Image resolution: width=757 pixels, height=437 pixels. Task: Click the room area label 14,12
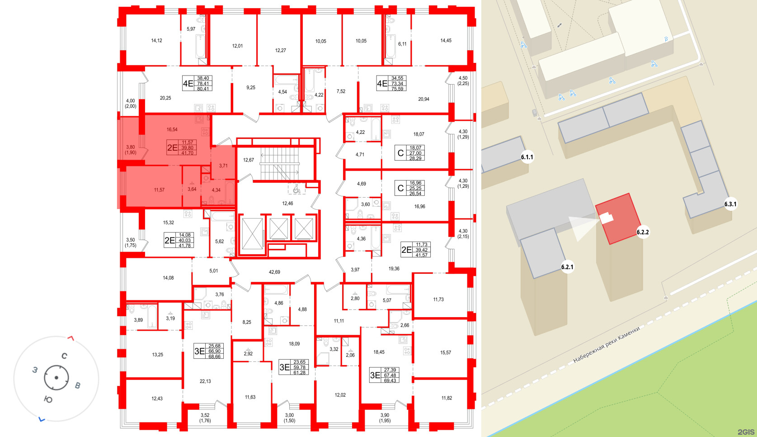[156, 41]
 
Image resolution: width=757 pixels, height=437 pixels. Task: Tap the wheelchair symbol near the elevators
[296, 189]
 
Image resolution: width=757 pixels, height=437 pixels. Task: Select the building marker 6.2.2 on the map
[643, 232]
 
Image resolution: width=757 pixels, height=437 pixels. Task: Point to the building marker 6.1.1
[527, 157]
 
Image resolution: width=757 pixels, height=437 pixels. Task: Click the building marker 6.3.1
[730, 204]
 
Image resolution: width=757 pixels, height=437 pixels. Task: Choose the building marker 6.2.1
[567, 267]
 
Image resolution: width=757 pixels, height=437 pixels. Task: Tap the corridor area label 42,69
[274, 272]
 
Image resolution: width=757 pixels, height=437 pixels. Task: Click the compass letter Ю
[48, 399]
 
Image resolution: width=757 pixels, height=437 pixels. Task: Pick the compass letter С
[65, 356]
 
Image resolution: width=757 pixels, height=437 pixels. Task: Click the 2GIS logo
[746, 432]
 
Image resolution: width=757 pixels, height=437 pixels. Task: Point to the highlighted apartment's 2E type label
[172, 147]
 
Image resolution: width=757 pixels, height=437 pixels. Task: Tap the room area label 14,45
[446, 41]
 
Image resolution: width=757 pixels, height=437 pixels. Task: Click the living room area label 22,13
[205, 381]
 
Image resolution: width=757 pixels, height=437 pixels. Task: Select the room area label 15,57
[445, 352]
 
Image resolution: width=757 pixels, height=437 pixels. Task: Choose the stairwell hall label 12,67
[249, 160]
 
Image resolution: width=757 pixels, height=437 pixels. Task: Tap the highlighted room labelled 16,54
[172, 130]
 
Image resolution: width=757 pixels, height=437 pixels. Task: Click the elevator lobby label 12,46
[287, 204]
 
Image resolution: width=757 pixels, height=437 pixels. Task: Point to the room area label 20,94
[423, 99]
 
